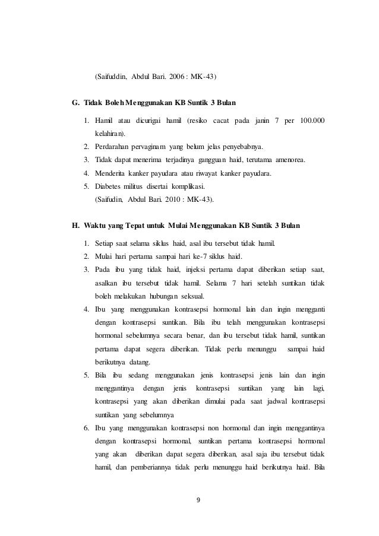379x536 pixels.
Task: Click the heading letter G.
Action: [x=75, y=103]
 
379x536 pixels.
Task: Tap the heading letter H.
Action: [x=75, y=227]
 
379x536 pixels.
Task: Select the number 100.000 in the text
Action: [x=313, y=122]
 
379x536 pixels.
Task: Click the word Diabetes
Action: [x=109, y=187]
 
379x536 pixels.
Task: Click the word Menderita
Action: [x=112, y=174]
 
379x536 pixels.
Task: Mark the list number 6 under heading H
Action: [x=86, y=427]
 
